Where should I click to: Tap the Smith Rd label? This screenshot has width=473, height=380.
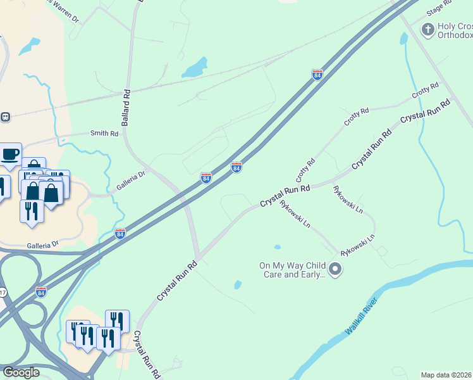[104, 134]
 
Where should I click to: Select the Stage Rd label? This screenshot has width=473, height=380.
[439, 8]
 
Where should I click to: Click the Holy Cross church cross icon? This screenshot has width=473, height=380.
[428, 29]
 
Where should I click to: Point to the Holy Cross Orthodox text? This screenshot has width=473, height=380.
[455, 32]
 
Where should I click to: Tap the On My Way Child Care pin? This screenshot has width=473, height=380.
[336, 270]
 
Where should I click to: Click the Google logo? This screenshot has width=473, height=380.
[21, 372]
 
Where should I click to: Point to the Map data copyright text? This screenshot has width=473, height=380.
[446, 375]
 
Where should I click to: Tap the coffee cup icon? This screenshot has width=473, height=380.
[9, 154]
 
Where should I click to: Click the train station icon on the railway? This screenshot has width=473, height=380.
[6, 117]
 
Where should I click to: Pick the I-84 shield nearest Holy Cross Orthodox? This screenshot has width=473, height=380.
[317, 75]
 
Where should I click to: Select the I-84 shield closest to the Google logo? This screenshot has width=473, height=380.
[41, 292]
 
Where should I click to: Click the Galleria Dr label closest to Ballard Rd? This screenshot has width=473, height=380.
[131, 184]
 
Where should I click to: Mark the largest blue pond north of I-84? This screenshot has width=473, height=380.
[195, 66]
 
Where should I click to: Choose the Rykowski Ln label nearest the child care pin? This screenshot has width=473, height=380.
[358, 245]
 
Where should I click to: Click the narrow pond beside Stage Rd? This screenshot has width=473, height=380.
[403, 39]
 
